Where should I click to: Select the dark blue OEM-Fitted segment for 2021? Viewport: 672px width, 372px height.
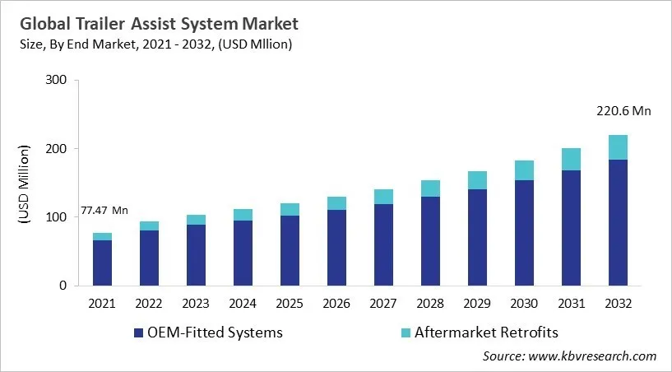coord(102,263)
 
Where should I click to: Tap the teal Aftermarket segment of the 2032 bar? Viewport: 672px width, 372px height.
coord(618,146)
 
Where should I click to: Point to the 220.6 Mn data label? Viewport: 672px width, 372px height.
coord(623,111)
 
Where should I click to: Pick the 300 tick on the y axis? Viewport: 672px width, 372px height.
coord(57,81)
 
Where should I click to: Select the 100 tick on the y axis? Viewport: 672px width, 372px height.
coord(57,217)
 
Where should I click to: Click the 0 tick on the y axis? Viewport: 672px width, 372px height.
coord(63,286)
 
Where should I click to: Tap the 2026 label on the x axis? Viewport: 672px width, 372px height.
coord(336,303)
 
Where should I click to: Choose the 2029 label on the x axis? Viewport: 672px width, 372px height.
coord(477,303)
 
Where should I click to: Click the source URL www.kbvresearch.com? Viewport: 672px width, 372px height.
coord(592,356)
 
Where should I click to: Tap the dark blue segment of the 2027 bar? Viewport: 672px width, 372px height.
coord(383,244)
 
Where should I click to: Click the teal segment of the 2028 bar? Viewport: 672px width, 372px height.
coord(430,188)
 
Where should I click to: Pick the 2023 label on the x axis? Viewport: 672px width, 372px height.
coord(196,303)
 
